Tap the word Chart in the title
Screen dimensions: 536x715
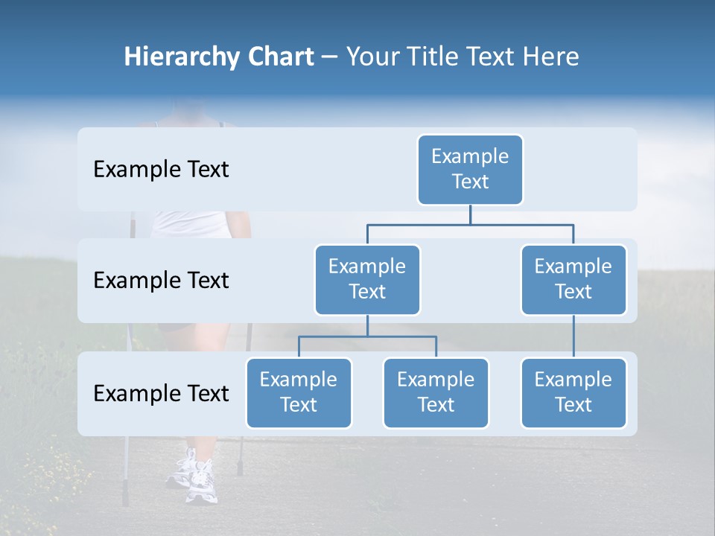(278, 57)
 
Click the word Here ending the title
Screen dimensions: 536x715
(550, 57)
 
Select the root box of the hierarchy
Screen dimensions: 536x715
(470, 170)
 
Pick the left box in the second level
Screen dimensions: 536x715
(367, 279)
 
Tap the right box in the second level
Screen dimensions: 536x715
(573, 279)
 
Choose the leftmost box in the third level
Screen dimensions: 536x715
(299, 392)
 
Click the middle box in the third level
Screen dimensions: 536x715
(436, 392)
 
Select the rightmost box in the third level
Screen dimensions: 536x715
(573, 392)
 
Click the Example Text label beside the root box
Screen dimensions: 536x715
(161, 170)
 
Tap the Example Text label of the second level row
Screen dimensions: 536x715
(161, 281)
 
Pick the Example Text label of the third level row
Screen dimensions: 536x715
(161, 393)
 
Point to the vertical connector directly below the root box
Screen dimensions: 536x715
(470, 214)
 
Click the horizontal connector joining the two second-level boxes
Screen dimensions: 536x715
(470, 224)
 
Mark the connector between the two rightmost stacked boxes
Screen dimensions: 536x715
(573, 336)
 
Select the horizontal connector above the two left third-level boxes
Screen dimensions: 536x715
(367, 337)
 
